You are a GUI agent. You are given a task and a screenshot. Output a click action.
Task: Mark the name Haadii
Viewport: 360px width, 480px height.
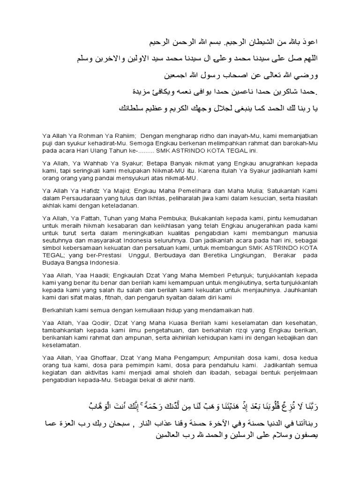[79, 275]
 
